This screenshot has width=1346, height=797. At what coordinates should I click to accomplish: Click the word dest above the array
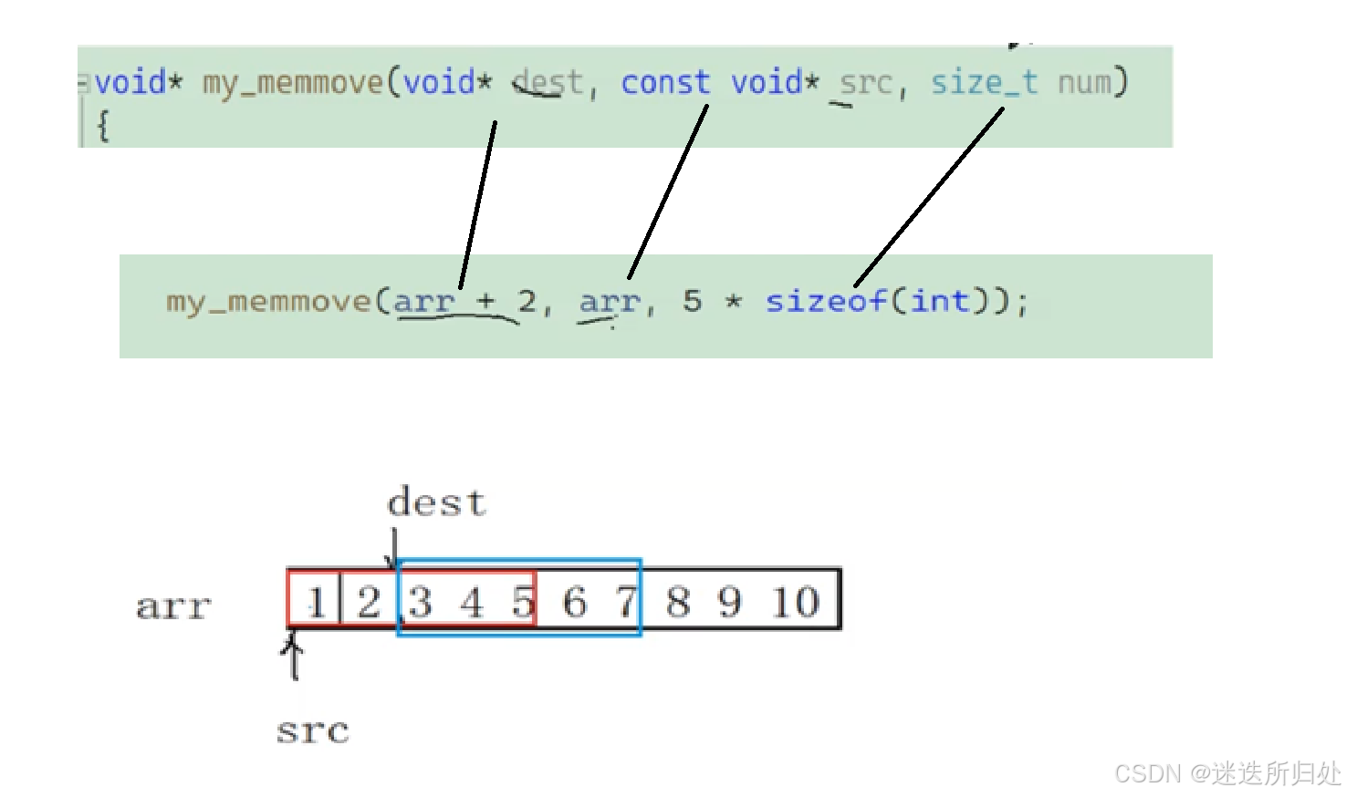click(436, 503)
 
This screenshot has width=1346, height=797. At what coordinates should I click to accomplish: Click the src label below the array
click(313, 731)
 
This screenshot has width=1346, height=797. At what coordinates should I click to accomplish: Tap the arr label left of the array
click(173, 606)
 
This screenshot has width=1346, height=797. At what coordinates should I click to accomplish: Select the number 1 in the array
click(316, 602)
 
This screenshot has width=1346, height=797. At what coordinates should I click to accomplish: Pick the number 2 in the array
click(369, 602)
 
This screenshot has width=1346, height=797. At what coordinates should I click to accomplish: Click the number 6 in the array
click(574, 602)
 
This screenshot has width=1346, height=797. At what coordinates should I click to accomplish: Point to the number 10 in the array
click(796, 602)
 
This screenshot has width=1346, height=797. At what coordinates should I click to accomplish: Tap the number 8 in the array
click(678, 602)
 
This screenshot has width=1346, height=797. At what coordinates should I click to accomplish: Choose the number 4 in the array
click(471, 602)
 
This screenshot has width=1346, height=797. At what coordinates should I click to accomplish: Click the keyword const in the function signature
click(665, 83)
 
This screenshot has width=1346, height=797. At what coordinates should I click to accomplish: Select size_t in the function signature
click(984, 83)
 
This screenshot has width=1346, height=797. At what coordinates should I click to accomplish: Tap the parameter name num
click(1085, 83)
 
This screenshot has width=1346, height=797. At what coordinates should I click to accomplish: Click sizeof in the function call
click(825, 301)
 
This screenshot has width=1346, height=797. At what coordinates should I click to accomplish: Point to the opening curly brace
click(102, 126)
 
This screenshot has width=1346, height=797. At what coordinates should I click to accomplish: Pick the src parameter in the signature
click(866, 84)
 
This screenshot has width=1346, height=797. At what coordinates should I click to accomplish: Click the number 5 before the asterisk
click(693, 300)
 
